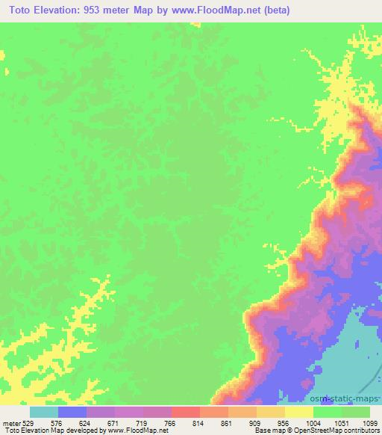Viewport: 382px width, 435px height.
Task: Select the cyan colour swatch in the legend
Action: (43, 412)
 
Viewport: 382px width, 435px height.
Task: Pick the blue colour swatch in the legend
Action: (72, 412)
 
